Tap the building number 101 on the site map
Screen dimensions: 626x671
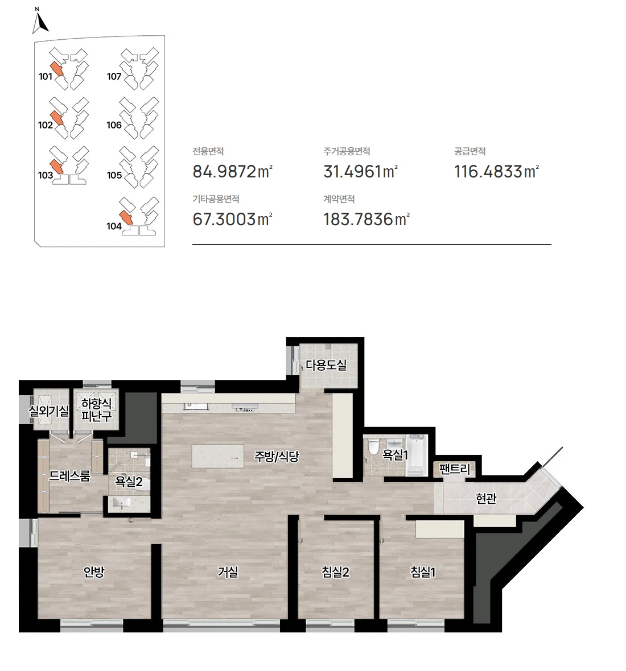pyautogui.click(x=46, y=77)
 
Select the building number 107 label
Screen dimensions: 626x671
pyautogui.click(x=114, y=77)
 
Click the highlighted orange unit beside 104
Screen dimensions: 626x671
pyautogui.click(x=126, y=218)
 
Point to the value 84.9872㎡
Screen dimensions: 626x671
pyautogui.click(x=233, y=171)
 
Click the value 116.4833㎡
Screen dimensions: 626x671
pyautogui.click(x=496, y=171)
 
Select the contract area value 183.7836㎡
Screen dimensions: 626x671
pyautogui.click(x=366, y=219)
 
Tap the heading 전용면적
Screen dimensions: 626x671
pyautogui.click(x=208, y=151)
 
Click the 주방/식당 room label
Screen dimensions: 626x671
pyautogui.click(x=277, y=456)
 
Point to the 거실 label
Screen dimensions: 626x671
pyautogui.click(x=228, y=571)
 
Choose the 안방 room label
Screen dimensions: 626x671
pyautogui.click(x=94, y=571)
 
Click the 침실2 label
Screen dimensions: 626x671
pyautogui.click(x=335, y=571)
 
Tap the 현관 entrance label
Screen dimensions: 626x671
pyautogui.click(x=486, y=498)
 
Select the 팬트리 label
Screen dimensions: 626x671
pyautogui.click(x=455, y=469)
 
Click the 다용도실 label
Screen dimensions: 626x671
pyautogui.click(x=326, y=365)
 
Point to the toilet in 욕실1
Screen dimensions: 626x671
pyautogui.click(x=373, y=446)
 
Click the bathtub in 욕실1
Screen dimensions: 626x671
pyautogui.click(x=414, y=455)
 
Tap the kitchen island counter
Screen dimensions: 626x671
pyautogui.click(x=218, y=456)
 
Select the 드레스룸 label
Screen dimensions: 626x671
pyautogui.click(x=69, y=476)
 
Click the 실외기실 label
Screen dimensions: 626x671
pyautogui.click(x=49, y=411)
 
